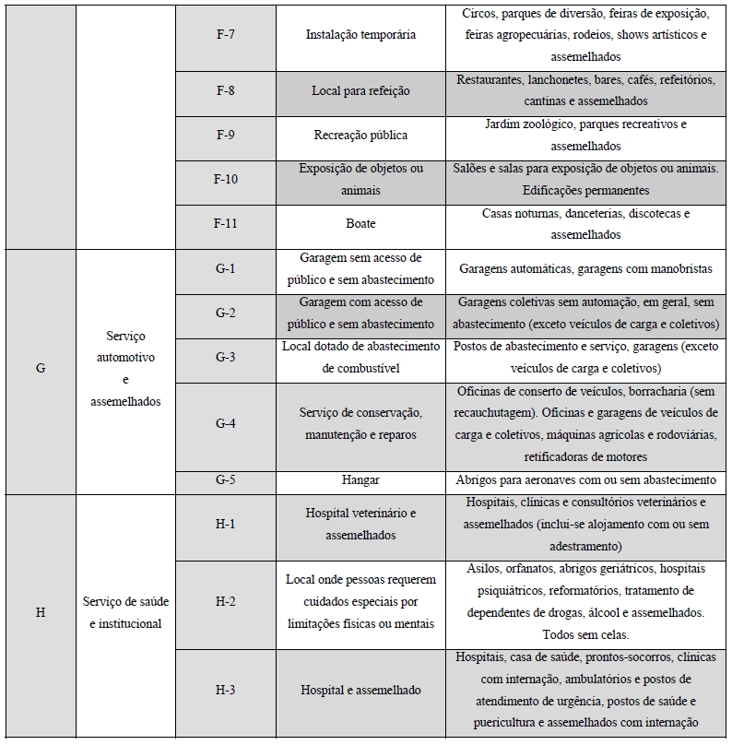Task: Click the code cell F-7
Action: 226,34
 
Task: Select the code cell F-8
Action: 226,91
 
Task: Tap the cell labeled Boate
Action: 360,224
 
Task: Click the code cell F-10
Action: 226,179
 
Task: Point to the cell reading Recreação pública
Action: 360,136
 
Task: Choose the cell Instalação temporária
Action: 360,34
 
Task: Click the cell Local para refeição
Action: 360,91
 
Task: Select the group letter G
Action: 41,368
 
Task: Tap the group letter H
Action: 41,613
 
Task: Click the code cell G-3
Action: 226,357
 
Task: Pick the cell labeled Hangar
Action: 360,480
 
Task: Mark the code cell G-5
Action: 226,480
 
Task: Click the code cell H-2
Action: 226,602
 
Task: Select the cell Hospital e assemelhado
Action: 360,691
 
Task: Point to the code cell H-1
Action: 226,525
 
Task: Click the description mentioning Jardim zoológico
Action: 585,136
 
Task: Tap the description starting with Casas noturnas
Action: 585,224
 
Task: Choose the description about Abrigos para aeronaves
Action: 585,480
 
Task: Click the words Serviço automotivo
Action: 125,347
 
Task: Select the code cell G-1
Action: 226,268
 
